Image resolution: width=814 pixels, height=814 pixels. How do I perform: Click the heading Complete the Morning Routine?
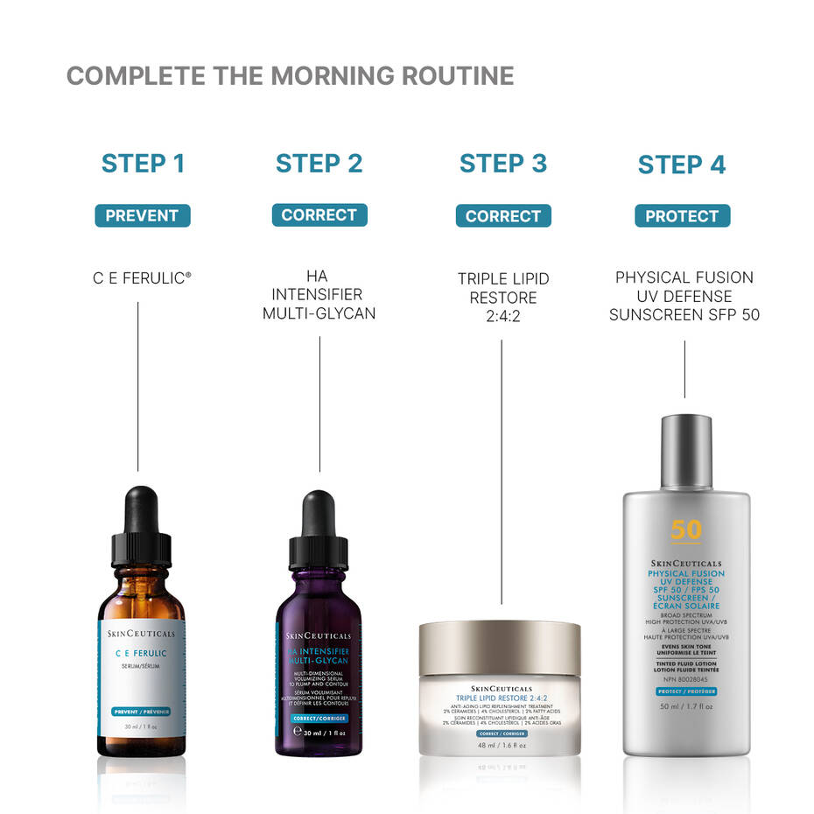tap(290, 76)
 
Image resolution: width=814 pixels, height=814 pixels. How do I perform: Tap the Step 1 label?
tap(143, 164)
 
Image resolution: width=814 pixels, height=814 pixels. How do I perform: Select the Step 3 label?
tap(503, 164)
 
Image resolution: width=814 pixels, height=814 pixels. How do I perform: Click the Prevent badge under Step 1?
tap(142, 215)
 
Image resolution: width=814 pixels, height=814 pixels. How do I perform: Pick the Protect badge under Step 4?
tap(682, 216)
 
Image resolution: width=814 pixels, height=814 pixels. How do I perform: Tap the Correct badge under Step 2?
tap(319, 215)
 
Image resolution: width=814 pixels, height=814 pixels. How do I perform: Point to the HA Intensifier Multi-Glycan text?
tap(319, 294)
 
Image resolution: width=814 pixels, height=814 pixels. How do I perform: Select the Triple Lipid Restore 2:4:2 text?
tap(503, 297)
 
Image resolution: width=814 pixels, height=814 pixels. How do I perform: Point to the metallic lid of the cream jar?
tap(500, 648)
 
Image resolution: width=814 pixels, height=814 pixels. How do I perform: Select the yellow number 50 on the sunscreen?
tap(686, 530)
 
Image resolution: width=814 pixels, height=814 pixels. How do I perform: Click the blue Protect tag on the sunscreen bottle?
tap(686, 691)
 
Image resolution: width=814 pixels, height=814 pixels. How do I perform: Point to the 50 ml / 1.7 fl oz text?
tap(686, 705)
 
